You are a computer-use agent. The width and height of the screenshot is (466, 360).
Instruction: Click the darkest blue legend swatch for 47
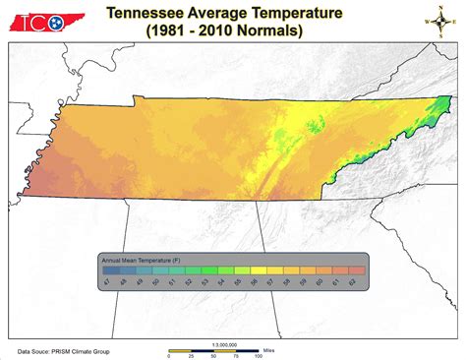(x=109, y=269)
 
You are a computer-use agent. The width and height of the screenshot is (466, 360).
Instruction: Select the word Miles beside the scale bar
(x=273, y=349)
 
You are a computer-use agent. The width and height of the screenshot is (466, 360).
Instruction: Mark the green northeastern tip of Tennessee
(x=443, y=104)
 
